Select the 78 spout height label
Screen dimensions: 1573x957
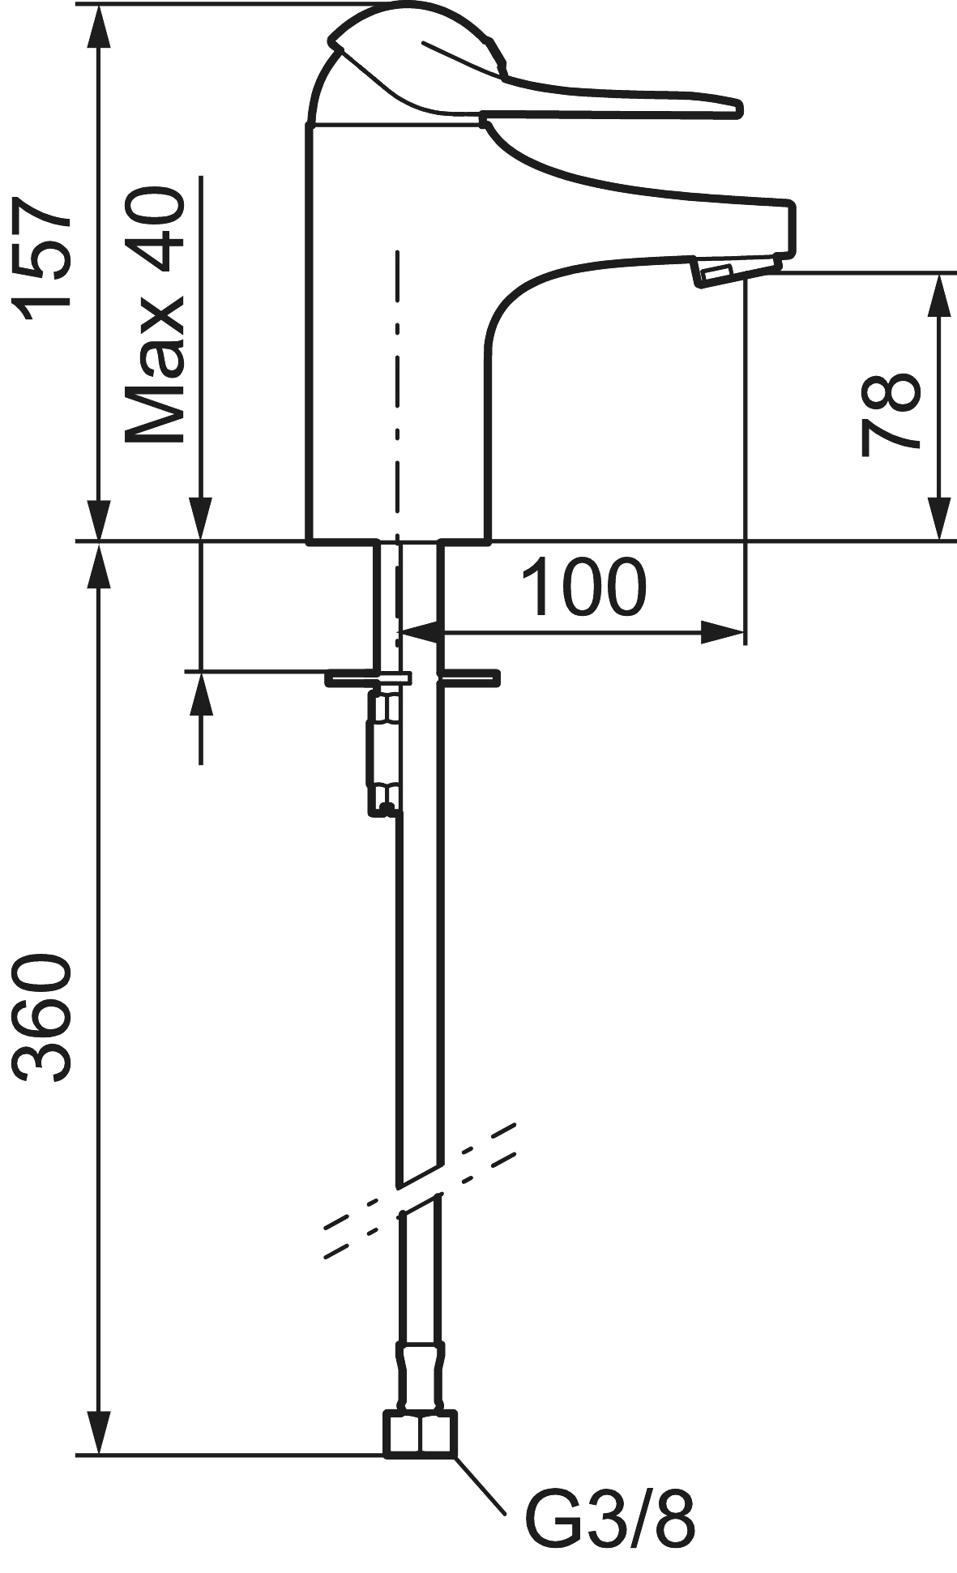890,414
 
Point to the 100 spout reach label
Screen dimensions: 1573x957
583,586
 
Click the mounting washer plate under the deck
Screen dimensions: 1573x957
412,678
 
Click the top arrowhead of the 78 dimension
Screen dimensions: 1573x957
938,292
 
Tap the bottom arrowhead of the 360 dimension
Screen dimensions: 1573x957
99,1434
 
